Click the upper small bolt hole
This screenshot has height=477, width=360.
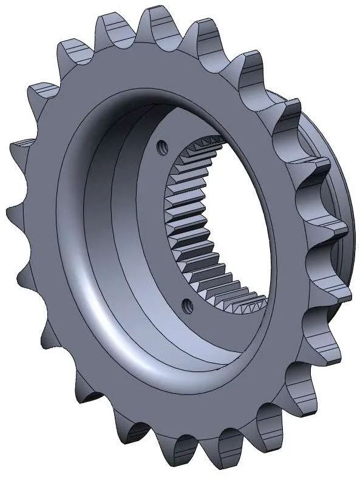point(162,146)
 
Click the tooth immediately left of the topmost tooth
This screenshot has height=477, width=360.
point(111,27)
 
